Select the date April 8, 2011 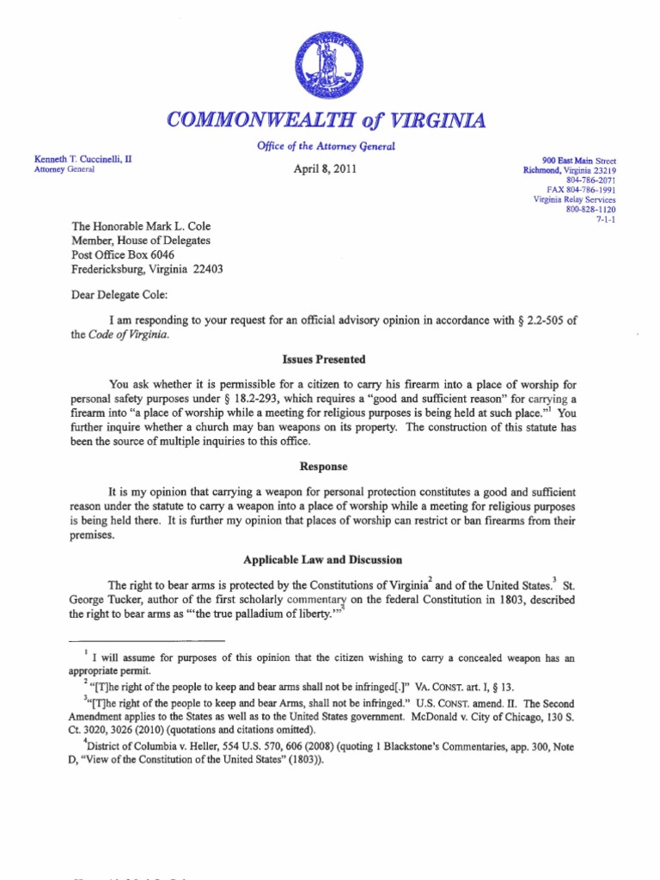[325, 169]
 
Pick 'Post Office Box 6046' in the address [122, 255]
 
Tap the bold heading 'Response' [323, 467]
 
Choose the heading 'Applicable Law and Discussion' [323, 559]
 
